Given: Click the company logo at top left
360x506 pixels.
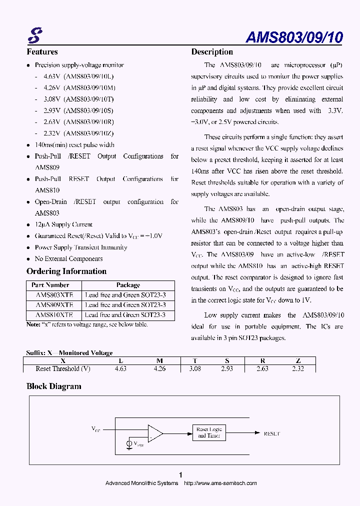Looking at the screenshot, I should click(34, 35).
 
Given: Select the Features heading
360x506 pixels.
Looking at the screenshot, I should click(42, 52).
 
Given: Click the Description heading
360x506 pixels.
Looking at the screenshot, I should click(212, 52).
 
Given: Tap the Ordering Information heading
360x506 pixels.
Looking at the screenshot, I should click(66, 271).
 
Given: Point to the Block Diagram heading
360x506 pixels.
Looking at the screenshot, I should click(53, 386).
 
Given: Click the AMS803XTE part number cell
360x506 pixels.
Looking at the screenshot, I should click(54, 295).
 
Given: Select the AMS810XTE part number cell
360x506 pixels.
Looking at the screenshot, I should click(54, 315).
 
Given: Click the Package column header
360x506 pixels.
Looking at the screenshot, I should click(128, 285).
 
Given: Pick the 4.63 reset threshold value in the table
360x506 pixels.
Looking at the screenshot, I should click(120, 369).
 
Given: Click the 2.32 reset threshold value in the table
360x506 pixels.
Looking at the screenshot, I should click(297, 369).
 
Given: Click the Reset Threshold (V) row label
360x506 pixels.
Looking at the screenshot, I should click(63, 369).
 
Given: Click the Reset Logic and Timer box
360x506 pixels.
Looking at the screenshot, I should click(209, 432).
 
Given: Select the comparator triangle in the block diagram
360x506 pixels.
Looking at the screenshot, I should click(154, 433).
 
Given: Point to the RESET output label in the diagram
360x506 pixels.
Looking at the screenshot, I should click(271, 433).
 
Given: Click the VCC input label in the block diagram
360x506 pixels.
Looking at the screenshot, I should click(95, 429).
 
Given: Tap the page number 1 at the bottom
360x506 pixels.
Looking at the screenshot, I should click(180, 474).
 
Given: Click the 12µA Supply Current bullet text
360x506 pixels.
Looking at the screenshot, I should click(63, 224).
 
